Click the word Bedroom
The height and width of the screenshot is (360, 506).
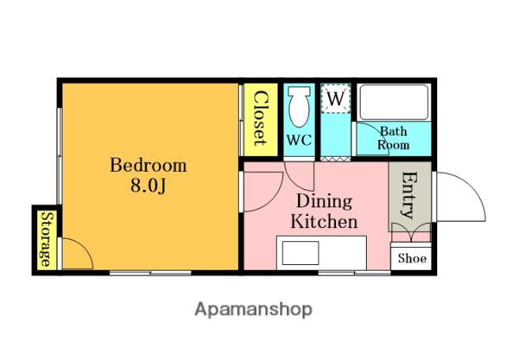coord(149,165)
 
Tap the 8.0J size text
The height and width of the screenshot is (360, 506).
coord(149,186)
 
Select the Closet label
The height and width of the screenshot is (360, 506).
coord(260,119)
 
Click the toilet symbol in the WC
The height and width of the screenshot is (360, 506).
coord(299,107)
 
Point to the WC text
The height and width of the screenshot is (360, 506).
coord(299,140)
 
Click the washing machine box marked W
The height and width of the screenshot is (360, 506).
coord(335,98)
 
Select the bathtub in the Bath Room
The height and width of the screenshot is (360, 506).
coord(394,102)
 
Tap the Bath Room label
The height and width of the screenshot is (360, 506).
coord(394,138)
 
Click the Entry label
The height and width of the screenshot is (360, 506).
coord(410,195)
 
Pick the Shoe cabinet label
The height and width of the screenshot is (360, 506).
coord(412,258)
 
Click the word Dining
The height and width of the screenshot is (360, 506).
coord(324,201)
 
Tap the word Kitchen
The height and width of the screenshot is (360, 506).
coord(324,222)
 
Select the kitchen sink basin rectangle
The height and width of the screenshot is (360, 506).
coord(300,253)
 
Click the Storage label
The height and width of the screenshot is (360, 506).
coord(46,239)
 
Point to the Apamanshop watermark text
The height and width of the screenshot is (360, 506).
coord(253,309)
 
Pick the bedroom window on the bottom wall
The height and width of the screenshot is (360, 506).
coord(150,273)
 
